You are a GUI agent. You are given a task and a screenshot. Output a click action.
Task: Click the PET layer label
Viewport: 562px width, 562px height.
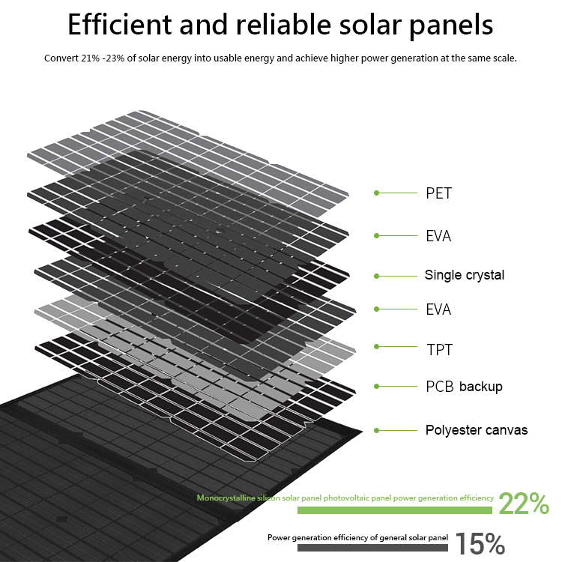click(x=438, y=193)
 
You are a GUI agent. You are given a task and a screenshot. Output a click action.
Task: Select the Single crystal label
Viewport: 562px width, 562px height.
click(x=464, y=275)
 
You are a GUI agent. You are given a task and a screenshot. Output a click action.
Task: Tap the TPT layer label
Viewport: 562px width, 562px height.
click(x=439, y=350)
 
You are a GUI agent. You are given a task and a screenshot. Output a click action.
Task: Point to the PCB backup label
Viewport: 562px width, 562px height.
click(x=464, y=387)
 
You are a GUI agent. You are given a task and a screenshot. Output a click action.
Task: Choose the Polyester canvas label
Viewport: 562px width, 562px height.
click(x=477, y=430)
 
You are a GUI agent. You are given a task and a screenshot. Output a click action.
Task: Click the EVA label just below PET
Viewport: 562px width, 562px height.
click(x=438, y=236)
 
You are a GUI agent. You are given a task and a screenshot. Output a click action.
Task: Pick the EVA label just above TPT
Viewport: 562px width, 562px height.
click(x=438, y=309)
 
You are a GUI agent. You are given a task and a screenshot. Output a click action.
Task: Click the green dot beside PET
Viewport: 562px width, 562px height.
click(x=376, y=193)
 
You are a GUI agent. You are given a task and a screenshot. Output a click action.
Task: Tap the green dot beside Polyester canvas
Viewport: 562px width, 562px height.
click(x=376, y=430)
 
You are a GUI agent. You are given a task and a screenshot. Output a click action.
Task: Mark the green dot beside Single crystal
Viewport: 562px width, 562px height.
click(x=376, y=276)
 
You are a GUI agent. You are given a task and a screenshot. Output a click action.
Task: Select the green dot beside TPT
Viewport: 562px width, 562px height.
click(x=376, y=347)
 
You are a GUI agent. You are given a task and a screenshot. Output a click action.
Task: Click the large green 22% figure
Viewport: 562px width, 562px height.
click(x=524, y=504)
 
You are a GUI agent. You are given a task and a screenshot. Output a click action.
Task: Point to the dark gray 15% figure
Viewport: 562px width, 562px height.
click(x=480, y=543)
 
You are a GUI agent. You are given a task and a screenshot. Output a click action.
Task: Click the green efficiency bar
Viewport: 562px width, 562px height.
click(x=395, y=510)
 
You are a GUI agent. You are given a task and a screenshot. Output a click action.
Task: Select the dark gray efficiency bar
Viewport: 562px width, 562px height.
click(x=372, y=548)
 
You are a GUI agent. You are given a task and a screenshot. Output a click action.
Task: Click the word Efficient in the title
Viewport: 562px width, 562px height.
click(x=119, y=25)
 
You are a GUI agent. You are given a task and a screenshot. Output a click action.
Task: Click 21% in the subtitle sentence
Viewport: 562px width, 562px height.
click(x=90, y=58)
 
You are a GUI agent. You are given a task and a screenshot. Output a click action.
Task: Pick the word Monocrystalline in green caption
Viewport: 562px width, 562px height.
click(x=226, y=498)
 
